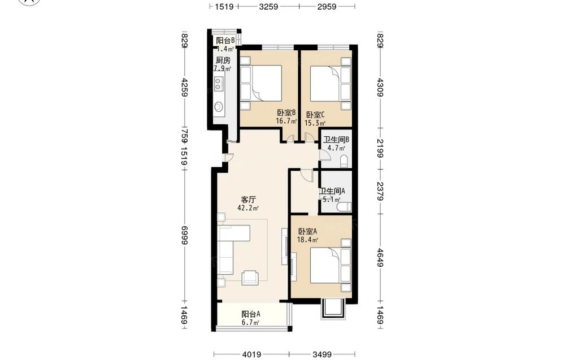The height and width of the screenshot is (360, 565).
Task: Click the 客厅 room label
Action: click(248, 199)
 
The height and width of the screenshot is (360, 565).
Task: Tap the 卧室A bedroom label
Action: click(307, 231)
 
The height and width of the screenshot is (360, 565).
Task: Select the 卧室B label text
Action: click(286, 113)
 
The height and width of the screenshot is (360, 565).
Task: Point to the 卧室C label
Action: click(315, 115)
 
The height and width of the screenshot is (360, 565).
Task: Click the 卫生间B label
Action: click(336, 140)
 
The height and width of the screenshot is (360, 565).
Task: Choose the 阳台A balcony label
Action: click(251, 314)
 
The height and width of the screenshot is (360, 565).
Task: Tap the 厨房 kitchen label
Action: click(223, 60)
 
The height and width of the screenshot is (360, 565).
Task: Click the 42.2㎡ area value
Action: click(248, 208)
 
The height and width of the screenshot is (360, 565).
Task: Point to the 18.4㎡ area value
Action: click(307, 240)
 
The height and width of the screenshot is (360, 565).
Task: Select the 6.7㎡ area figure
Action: click(251, 323)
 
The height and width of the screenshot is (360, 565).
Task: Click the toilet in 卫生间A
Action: click(344, 207)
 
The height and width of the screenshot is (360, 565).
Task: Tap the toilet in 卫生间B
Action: click(344, 162)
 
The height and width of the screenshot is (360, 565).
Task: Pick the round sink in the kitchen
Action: click(219, 107)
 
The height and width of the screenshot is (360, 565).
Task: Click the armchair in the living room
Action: click(250, 277)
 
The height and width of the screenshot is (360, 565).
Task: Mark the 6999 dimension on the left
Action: click(185, 235)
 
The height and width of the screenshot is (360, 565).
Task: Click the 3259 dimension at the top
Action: click(268, 6)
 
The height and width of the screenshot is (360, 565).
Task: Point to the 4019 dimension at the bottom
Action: click(251, 355)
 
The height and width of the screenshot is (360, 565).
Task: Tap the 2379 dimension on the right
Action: click(380, 191)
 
